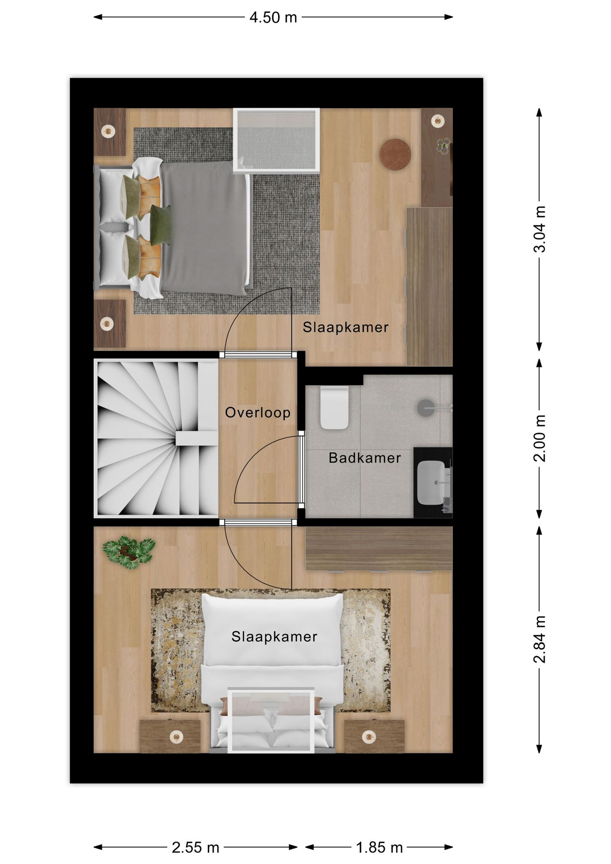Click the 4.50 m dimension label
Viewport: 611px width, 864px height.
[x=273, y=18]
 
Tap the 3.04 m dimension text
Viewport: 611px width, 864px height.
[x=539, y=229]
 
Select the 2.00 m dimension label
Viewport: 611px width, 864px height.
[x=539, y=438]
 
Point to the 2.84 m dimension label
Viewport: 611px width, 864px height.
[x=539, y=639]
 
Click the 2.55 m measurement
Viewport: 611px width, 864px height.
[x=195, y=847]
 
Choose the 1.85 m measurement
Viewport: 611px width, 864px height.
[x=379, y=847]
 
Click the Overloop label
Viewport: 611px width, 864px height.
[x=257, y=412]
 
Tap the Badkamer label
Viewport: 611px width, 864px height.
[x=364, y=458]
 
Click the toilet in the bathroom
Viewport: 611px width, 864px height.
[x=334, y=408]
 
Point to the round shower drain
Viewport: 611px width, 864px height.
[x=426, y=408]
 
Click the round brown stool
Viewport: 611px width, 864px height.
[x=395, y=154]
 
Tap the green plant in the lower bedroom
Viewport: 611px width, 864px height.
[x=129, y=551]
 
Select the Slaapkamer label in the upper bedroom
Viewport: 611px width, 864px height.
[x=345, y=327]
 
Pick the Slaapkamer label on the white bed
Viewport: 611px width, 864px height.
[x=274, y=636]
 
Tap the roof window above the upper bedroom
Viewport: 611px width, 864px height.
[x=276, y=140]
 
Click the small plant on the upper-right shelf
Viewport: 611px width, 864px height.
[x=443, y=145]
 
